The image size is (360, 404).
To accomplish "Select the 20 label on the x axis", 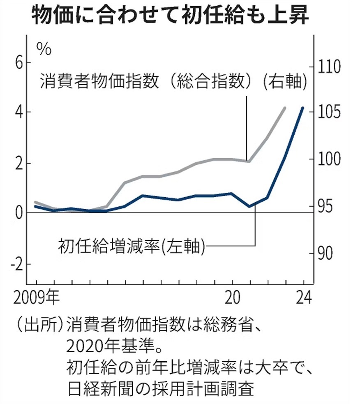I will [233, 297].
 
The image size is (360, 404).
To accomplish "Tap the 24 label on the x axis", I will [303, 297].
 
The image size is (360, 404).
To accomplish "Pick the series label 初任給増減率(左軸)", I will [132, 246].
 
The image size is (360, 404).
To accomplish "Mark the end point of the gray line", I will [285, 108].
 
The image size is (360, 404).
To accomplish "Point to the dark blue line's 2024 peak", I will [303, 108].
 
